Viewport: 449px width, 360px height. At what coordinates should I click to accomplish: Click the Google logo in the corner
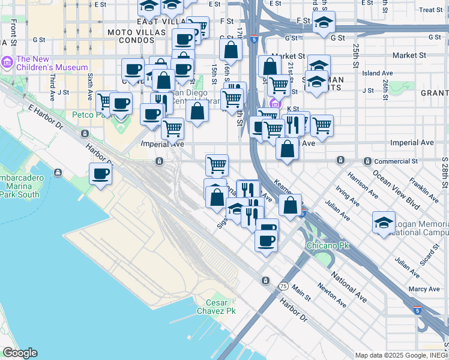click(20, 353)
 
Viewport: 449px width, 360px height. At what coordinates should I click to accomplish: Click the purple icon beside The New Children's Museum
click(7, 61)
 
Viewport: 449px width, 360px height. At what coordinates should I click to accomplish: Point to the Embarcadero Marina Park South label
click(19, 187)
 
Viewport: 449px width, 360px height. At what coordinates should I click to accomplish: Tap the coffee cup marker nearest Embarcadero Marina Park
click(100, 174)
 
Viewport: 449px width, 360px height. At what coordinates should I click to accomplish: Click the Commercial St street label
click(395, 161)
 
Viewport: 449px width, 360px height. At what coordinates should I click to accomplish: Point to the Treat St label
click(430, 10)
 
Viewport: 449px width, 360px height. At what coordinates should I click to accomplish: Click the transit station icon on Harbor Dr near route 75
click(265, 281)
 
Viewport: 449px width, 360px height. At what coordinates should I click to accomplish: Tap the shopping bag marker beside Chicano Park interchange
click(291, 205)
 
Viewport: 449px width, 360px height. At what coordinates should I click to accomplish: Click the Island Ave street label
click(378, 73)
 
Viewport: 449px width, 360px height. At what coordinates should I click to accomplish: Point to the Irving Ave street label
click(346, 193)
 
